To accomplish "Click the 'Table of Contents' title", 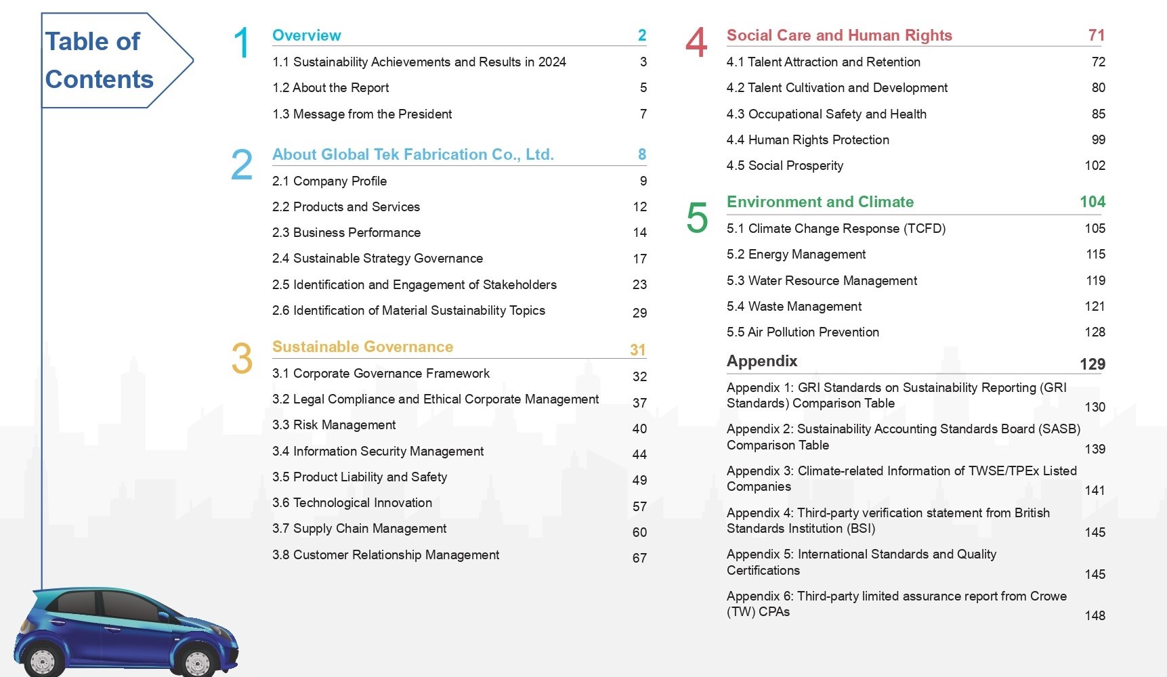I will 99,60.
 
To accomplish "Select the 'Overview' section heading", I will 306,35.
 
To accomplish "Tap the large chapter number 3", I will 242,358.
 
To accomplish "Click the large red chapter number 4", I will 696,43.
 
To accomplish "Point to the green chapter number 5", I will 697,218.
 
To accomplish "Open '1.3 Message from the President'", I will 362,114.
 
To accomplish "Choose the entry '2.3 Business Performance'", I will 346,232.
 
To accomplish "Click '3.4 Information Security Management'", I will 378,451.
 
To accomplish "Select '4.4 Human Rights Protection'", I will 807,139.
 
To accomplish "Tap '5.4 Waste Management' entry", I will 794,306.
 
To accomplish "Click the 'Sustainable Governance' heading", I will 362,347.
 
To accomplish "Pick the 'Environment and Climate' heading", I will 820,202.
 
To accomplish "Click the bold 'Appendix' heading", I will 762,361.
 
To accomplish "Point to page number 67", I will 639,558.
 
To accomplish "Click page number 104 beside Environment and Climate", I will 1092,202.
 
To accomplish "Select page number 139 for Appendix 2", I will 1095,449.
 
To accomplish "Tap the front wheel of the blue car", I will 196,663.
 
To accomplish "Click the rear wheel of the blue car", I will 43,662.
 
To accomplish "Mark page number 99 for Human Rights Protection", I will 1098,139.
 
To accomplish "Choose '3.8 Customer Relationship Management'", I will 385,554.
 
